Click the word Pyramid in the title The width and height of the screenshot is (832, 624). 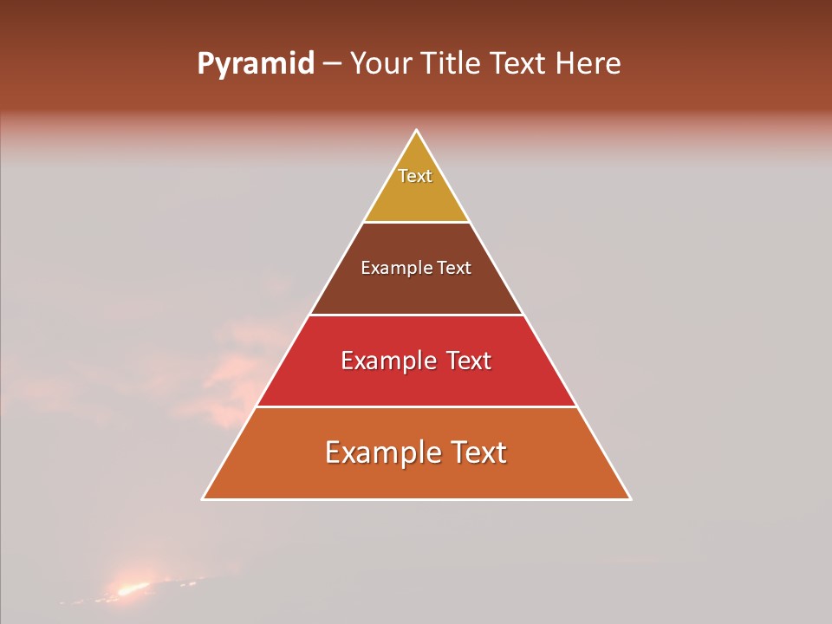(x=255, y=64)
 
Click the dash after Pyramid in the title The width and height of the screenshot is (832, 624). (x=331, y=64)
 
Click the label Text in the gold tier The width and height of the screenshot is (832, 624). (x=415, y=176)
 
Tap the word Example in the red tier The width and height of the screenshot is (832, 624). (x=386, y=361)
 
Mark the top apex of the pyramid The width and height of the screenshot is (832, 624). (x=417, y=130)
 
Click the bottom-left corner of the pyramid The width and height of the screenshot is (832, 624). (x=203, y=499)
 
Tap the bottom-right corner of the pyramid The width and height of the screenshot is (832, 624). (x=630, y=499)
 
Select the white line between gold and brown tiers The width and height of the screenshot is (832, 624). (x=417, y=223)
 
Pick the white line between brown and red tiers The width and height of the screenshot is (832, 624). (x=417, y=315)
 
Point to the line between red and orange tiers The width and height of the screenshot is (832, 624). (x=417, y=406)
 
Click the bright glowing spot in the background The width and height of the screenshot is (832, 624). (x=131, y=589)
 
